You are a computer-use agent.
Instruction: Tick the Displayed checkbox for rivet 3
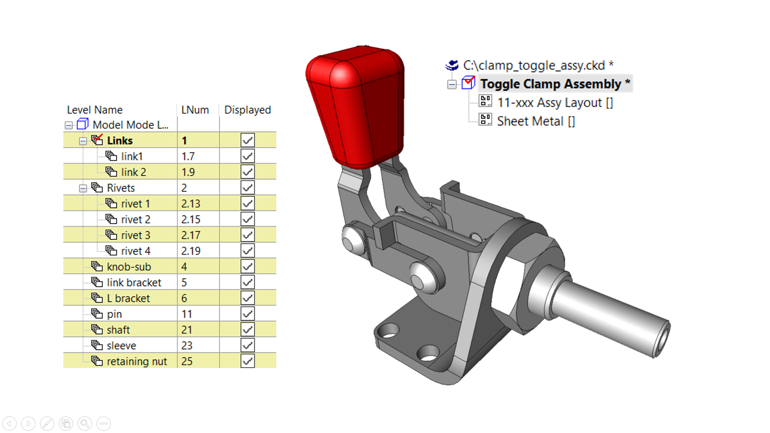pyautogui.click(x=247, y=235)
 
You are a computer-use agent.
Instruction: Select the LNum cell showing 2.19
pyautogui.click(x=191, y=251)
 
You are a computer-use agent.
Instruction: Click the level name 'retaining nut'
pyautogui.click(x=136, y=362)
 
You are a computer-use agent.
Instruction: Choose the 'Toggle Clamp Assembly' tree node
pyautogui.click(x=550, y=84)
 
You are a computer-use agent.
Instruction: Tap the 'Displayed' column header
pyautogui.click(x=247, y=110)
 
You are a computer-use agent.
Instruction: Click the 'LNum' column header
pyautogui.click(x=195, y=110)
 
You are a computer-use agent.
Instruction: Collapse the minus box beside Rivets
pyautogui.click(x=83, y=188)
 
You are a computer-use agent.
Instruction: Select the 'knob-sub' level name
pyautogui.click(x=129, y=267)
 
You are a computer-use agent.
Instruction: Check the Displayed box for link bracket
pyautogui.click(x=247, y=283)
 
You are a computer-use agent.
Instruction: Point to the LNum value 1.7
pyautogui.click(x=188, y=157)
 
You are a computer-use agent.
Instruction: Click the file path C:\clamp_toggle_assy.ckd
pyautogui.click(x=533, y=65)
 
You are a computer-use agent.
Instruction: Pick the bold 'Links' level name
pyautogui.click(x=120, y=141)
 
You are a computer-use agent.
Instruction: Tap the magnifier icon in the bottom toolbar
pyautogui.click(x=85, y=423)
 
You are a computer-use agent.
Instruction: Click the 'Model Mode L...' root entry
pyautogui.click(x=130, y=125)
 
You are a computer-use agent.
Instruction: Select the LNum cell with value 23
pyautogui.click(x=187, y=346)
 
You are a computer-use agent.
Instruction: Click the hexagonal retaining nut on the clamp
pyautogui.click(x=517, y=281)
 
